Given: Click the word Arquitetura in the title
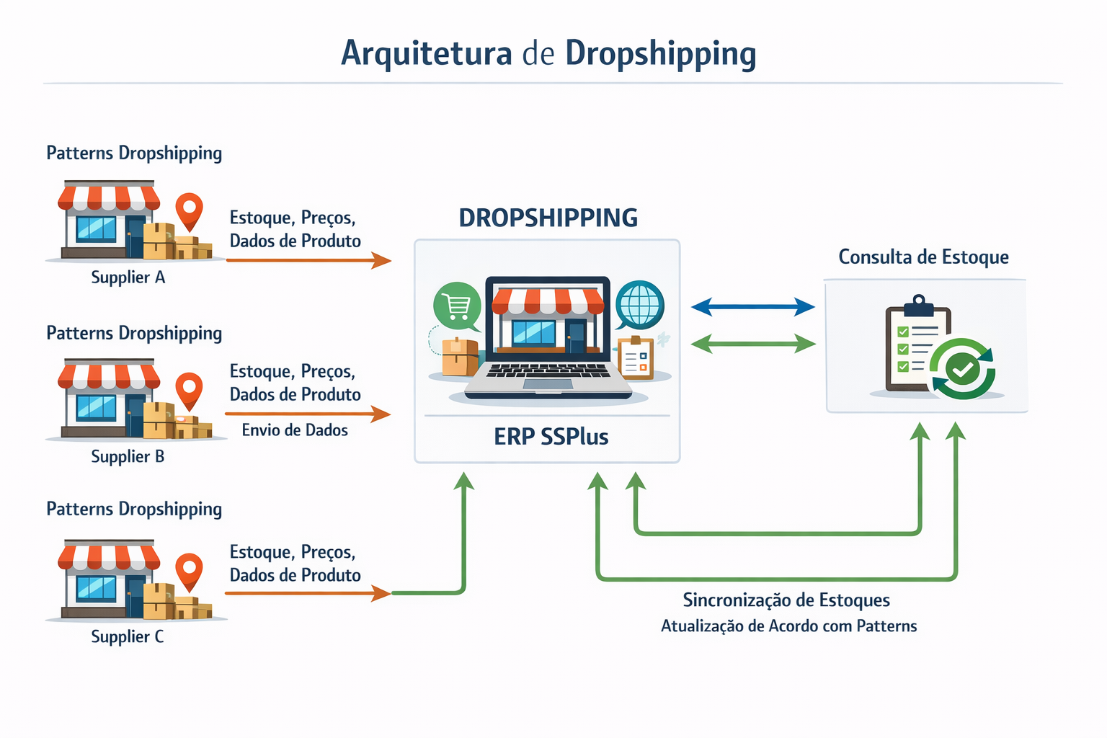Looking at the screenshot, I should click(x=426, y=53).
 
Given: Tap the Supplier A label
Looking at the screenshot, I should click(x=128, y=277).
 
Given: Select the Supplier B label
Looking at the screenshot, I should click(x=128, y=457).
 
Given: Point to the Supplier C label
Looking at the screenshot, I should click(x=128, y=637).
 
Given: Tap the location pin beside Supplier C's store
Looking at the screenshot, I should click(x=189, y=569).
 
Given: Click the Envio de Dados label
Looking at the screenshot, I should click(x=295, y=430).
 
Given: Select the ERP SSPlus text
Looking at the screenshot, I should click(x=551, y=437).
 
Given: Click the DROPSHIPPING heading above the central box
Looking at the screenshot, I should click(x=548, y=218).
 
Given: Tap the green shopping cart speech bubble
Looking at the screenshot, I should click(x=457, y=306).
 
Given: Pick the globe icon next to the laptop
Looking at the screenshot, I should click(x=639, y=304).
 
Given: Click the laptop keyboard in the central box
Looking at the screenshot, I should click(x=548, y=370).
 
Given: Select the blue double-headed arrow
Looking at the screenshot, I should click(x=752, y=307).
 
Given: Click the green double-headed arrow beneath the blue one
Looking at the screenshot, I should click(x=752, y=344).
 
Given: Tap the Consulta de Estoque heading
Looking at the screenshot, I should click(x=923, y=257).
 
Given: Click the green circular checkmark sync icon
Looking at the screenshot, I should click(x=962, y=370).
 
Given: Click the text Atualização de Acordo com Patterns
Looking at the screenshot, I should click(x=788, y=626).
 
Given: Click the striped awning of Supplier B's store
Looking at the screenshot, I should click(x=109, y=376).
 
